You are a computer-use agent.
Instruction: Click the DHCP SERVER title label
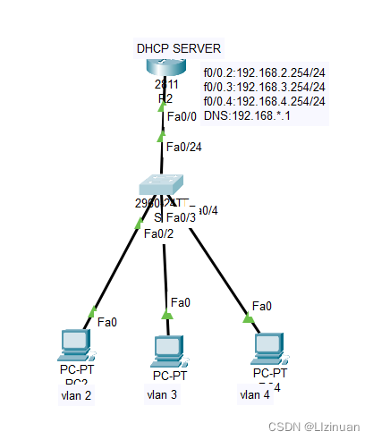178,47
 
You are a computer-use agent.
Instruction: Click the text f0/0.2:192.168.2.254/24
264,72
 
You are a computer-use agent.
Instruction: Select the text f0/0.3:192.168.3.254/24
264,87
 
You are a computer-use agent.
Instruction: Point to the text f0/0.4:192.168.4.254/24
264,101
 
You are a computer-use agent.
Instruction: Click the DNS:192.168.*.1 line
246,115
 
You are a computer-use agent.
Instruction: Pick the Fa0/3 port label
180,216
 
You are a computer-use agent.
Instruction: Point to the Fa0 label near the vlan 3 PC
180,302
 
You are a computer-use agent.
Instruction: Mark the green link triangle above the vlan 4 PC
248,316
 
